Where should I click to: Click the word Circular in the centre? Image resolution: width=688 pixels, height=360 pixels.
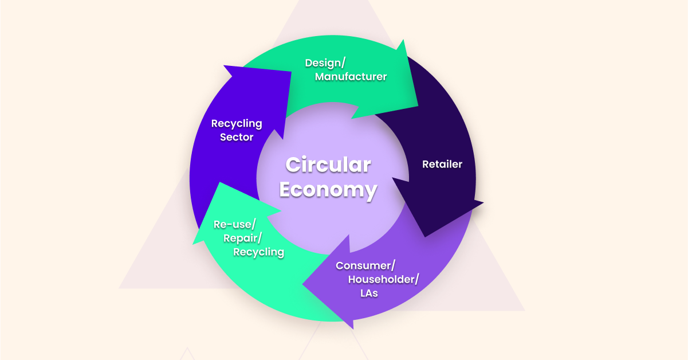tap(328, 165)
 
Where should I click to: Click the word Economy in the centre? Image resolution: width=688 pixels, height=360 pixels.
tap(328, 190)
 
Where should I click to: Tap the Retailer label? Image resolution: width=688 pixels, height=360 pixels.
tap(442, 165)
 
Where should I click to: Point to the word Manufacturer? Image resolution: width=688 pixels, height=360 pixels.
tap(351, 76)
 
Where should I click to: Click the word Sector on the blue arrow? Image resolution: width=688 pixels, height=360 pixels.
tap(237, 138)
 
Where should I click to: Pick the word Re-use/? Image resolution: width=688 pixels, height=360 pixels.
tap(234, 224)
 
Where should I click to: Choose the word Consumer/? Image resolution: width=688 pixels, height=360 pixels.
tap(365, 265)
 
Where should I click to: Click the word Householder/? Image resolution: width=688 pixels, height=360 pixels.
tap(383, 279)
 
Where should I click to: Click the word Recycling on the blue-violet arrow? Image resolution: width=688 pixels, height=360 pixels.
tap(237, 123)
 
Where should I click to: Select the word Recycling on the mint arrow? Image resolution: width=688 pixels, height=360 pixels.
tap(258, 252)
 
